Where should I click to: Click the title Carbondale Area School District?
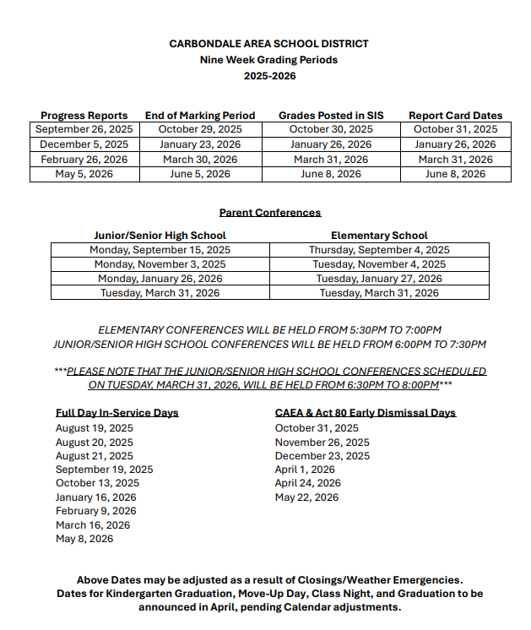coord(268,44)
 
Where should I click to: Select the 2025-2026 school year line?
coord(269,76)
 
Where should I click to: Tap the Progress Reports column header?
coord(84,116)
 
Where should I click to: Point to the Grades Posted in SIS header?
coord(331,116)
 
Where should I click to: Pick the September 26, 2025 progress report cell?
coord(84,129)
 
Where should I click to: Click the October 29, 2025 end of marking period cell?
coord(199,129)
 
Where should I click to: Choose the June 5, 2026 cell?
coord(199,174)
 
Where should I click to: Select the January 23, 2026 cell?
coord(199,144)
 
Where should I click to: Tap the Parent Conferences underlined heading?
coord(270,213)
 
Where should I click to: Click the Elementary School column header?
coord(379,236)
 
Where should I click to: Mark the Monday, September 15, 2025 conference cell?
coord(160,250)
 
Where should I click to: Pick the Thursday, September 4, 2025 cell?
coord(379,250)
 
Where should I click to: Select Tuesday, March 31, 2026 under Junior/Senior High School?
coord(160,293)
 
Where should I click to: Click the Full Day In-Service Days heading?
coord(116,413)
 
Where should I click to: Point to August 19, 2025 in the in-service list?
coord(94,428)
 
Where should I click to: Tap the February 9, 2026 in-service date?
coord(95,511)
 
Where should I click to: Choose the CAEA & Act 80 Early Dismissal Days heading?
coord(365,413)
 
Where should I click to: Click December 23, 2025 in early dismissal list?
coord(322,456)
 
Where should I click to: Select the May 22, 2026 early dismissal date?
coord(306,497)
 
